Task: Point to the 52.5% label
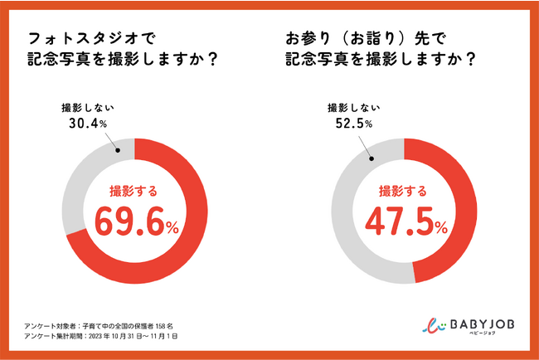(352, 124)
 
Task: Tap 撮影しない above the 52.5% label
(353, 108)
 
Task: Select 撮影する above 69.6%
(134, 190)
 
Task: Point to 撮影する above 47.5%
(403, 190)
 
